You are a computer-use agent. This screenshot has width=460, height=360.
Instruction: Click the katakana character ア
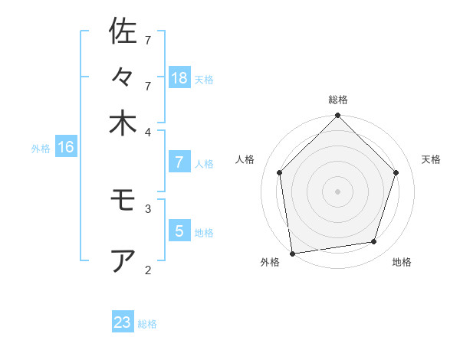tap(123, 261)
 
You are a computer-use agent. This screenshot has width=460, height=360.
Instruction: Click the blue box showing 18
tap(179, 77)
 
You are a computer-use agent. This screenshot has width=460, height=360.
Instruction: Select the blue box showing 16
tap(66, 147)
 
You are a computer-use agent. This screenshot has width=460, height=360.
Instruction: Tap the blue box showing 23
tap(123, 322)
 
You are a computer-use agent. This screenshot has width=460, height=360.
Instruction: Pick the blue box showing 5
tap(179, 231)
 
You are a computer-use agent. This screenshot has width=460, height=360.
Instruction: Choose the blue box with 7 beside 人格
tap(179, 162)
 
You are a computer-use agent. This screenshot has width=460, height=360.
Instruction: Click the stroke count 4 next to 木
tap(148, 131)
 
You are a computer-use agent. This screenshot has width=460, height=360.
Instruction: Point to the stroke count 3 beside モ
tap(148, 208)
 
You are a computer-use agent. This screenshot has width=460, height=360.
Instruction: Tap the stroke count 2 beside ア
tap(148, 269)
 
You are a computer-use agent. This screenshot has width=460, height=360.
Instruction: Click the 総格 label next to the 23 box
tap(147, 324)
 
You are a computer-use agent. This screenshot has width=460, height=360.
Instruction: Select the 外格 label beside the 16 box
tap(41, 149)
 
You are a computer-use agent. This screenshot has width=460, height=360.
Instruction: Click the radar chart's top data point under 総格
tap(337, 116)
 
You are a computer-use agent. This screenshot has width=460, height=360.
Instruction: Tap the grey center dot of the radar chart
tap(337, 191)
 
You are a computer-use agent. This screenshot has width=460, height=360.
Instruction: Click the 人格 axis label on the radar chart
tap(245, 159)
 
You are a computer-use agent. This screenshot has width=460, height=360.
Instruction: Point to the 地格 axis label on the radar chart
tap(402, 262)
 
